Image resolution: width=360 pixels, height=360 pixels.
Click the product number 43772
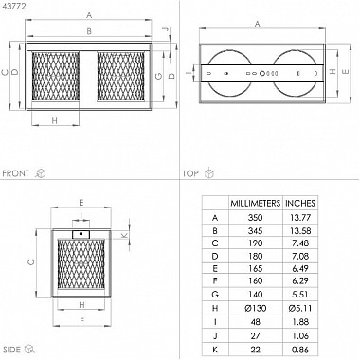point(14,6)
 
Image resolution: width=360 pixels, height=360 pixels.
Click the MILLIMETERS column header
point(255,203)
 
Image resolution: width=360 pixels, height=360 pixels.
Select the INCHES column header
point(300,203)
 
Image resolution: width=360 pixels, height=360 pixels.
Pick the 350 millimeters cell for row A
point(255,218)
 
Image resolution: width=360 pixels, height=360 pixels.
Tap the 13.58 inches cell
point(300,230)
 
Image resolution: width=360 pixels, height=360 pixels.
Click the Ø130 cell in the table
point(255,308)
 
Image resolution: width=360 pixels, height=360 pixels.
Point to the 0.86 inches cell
point(300,350)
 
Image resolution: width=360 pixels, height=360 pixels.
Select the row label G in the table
point(215,295)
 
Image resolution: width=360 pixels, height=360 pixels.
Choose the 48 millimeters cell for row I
point(255,322)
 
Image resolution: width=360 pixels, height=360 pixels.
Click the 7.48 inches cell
point(300,243)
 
